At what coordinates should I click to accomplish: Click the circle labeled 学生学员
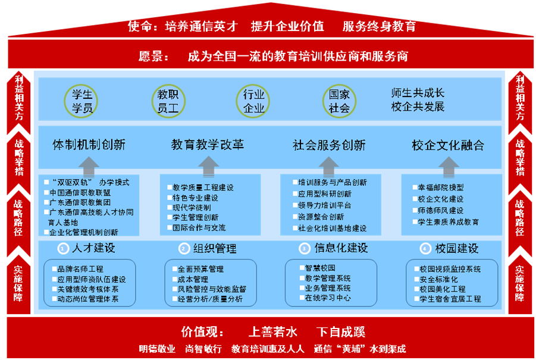[81, 101]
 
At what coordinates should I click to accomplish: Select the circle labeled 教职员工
[167, 101]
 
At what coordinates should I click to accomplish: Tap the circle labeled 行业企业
[254, 101]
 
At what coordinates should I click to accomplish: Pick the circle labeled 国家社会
[340, 101]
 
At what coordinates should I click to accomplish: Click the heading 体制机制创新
[89, 145]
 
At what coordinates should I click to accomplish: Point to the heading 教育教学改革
[208, 145]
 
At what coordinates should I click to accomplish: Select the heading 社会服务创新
[329, 145]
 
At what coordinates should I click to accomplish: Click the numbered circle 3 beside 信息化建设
[304, 248]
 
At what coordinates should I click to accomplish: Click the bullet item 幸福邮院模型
[440, 187]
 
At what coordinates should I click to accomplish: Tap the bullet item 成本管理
[192, 279]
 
